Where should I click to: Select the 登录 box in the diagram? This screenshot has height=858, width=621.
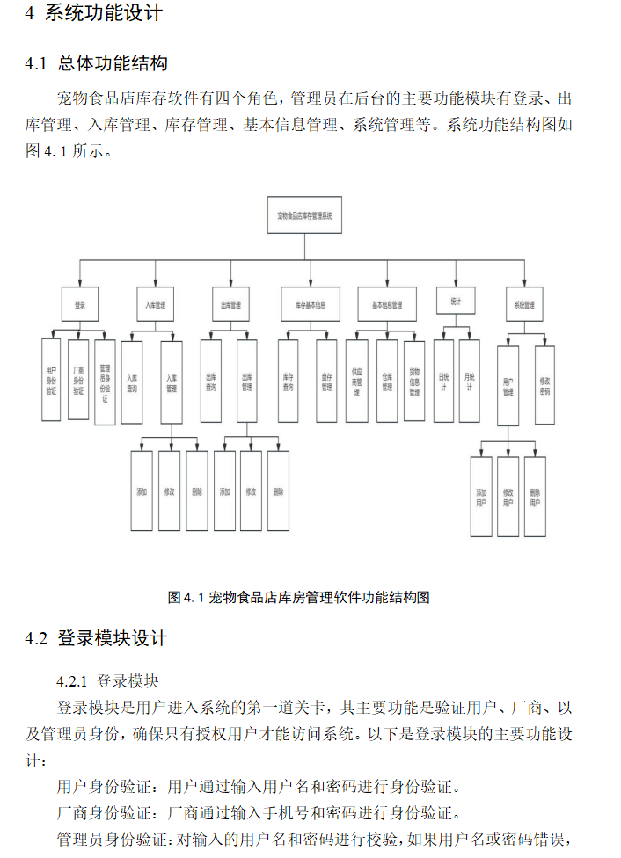(x=80, y=305)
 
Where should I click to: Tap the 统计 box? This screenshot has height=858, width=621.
(x=456, y=301)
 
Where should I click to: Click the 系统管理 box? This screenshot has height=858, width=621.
(x=523, y=305)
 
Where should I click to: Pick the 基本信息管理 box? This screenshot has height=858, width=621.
(x=387, y=305)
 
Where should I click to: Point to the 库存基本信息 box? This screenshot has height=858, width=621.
(x=310, y=305)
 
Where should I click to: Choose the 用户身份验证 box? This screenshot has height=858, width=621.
(x=51, y=379)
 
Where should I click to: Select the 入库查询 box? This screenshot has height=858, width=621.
(x=132, y=381)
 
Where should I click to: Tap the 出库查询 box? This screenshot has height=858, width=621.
(x=211, y=381)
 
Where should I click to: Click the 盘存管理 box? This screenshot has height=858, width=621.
(x=326, y=381)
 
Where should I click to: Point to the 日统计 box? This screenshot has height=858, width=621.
(x=443, y=381)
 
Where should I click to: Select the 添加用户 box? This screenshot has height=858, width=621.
(x=481, y=497)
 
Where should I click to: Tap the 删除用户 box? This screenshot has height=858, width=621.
(x=535, y=497)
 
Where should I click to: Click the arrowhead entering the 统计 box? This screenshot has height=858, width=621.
(x=456, y=284)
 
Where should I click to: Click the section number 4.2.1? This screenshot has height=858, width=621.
(x=72, y=681)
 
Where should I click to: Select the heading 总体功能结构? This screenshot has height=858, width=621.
(x=113, y=63)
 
